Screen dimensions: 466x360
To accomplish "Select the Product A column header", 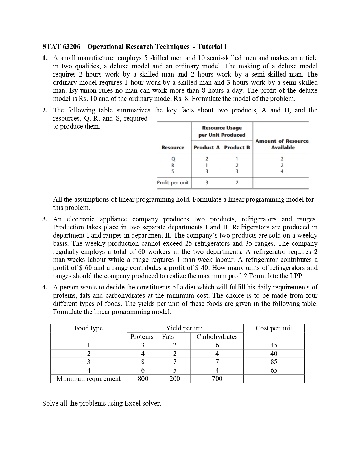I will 206,147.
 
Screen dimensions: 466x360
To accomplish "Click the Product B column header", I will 237,147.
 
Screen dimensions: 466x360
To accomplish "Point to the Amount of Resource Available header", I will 282,144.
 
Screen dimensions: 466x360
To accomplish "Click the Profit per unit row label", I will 173,183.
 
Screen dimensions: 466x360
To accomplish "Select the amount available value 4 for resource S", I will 282,171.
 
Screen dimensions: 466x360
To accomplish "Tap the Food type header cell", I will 88,328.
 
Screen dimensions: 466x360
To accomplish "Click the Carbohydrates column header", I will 217,337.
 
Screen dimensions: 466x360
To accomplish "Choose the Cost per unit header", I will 274,328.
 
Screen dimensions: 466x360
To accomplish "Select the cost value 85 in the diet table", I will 274,362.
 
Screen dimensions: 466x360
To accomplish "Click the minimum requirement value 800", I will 143,379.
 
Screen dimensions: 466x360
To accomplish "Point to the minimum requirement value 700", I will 217,379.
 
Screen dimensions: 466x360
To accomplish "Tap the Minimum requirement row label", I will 88,379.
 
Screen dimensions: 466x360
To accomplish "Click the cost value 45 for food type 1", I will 274,345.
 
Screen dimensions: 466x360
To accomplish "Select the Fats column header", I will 168,337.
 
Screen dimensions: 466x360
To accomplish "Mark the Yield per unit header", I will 185,328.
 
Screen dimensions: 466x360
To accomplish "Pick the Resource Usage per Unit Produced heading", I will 222,131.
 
